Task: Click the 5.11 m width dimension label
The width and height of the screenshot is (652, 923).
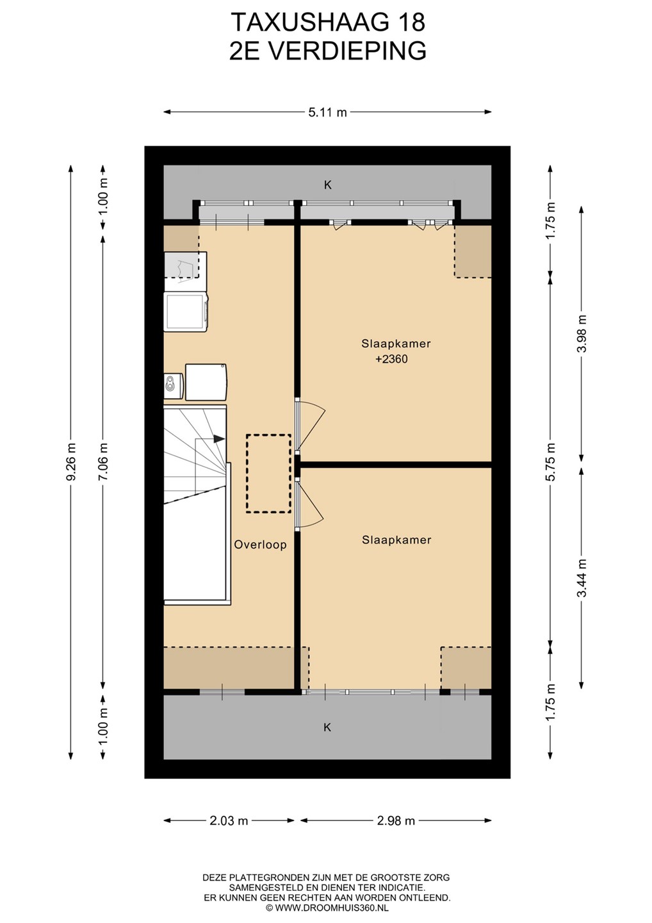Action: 328,112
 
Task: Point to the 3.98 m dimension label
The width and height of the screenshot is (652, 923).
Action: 582,333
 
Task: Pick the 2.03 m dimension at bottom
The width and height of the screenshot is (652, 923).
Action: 229,821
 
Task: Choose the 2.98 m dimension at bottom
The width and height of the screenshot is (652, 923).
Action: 396,821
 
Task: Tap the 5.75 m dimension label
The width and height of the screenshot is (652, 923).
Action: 551,462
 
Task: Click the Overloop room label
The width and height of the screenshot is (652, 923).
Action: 260,545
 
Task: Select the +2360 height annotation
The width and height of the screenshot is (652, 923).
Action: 391,359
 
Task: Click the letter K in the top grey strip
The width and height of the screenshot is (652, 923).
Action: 328,185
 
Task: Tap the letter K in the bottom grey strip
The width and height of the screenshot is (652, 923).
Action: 327,728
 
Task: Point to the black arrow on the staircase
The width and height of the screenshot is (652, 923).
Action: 219,438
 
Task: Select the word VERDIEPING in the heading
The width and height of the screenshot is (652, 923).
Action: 350,51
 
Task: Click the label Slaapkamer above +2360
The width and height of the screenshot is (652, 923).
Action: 396,344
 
